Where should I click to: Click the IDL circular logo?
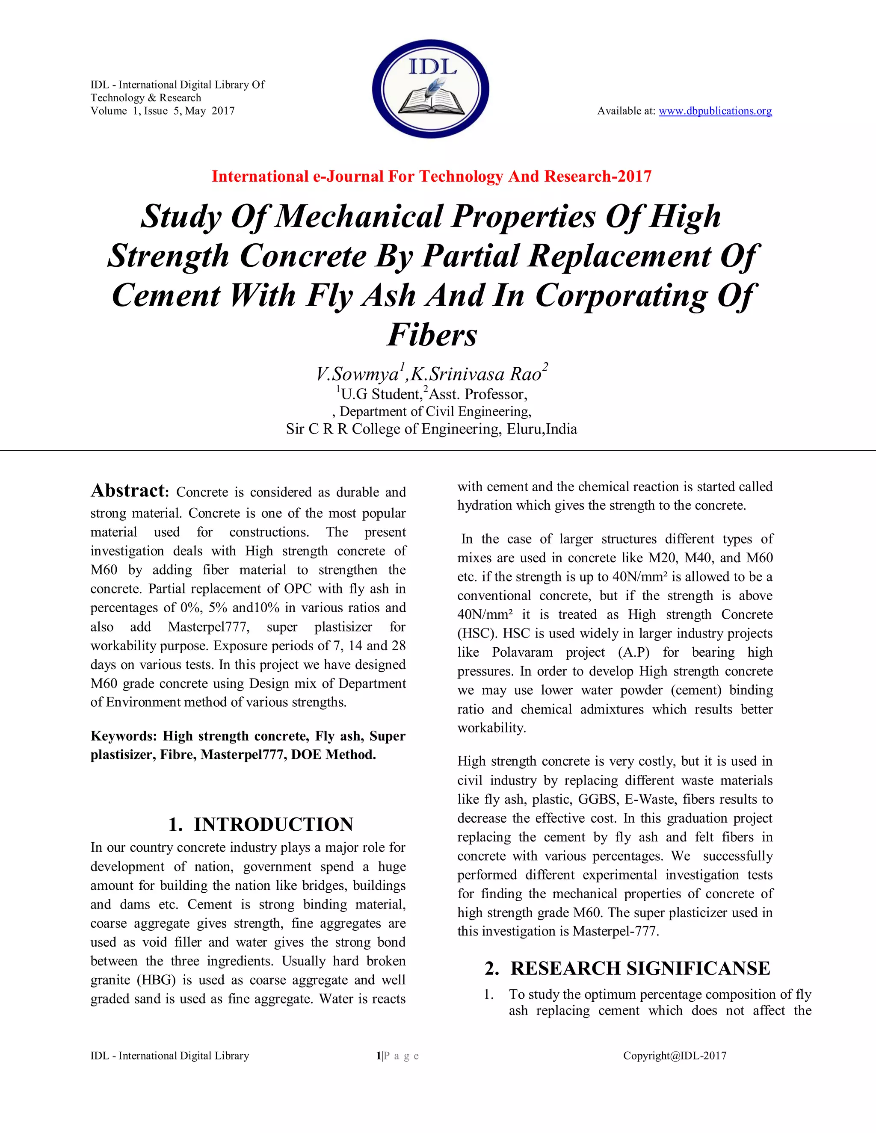click(430, 89)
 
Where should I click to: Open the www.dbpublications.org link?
click(715, 111)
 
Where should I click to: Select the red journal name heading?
click(431, 177)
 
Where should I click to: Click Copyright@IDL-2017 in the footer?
click(674, 1056)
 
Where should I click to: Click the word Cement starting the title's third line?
click(166, 296)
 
